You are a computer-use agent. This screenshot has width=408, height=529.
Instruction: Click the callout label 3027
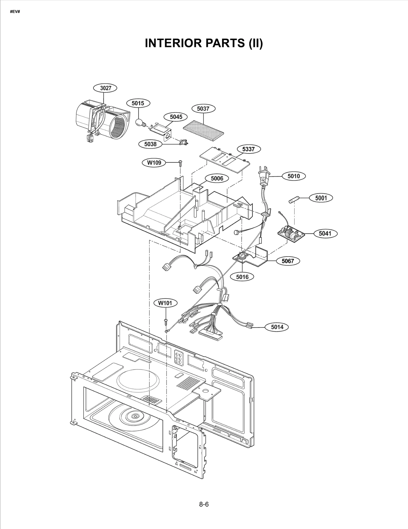coord(105,88)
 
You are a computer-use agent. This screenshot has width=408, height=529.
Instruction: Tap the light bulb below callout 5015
coord(139,122)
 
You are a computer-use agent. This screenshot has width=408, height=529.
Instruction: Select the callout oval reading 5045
coord(176,117)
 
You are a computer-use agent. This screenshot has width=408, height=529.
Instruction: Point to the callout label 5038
coord(150,144)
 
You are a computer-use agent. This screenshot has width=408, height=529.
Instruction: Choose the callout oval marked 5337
coord(248,149)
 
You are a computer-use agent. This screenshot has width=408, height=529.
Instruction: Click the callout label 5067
coord(288,261)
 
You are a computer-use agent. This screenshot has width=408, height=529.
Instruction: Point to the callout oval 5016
coord(242,277)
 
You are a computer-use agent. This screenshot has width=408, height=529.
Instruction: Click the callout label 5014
coord(277,327)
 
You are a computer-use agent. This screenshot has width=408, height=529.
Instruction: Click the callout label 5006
coord(217,178)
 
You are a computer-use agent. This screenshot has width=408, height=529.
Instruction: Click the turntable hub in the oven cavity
coord(134,416)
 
